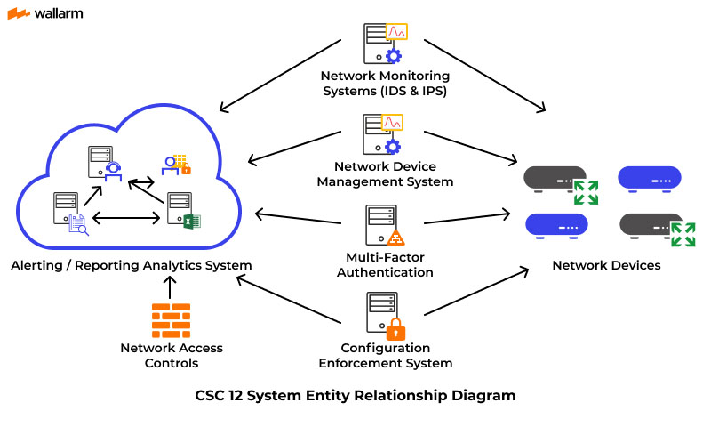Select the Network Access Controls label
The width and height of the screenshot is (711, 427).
[172, 355]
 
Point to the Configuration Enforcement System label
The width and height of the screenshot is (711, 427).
[385, 355]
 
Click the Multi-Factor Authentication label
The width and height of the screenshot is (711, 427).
[386, 265]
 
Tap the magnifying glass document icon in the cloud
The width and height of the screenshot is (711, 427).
[78, 225]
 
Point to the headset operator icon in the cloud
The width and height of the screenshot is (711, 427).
[113, 169]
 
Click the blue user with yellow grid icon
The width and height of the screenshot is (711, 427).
[176, 165]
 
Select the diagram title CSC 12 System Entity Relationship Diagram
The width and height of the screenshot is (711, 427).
[355, 395]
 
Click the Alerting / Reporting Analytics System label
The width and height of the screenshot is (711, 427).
[132, 265]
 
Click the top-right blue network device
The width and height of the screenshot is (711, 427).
[650, 176]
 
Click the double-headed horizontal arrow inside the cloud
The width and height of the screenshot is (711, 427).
[126, 216]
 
